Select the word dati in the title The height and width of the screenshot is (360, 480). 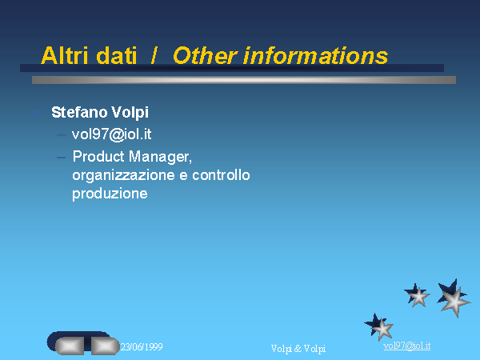point(116,55)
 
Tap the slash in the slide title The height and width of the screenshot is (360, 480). point(154,55)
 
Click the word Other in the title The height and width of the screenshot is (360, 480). point(205,55)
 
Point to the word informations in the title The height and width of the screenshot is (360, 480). point(316,55)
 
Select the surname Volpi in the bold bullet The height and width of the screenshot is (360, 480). point(130,113)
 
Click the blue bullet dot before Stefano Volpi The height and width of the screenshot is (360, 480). point(37,114)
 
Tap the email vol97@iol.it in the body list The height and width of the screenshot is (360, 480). point(112,134)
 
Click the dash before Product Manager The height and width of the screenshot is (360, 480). point(61,158)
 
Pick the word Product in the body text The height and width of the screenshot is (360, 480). point(98,157)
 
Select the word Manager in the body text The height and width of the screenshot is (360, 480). point(160,157)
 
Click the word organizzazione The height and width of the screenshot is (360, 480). point(124,176)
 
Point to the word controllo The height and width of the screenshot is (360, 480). point(221,174)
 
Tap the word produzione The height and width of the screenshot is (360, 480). point(110,194)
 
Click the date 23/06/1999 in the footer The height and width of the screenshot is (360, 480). point(142,347)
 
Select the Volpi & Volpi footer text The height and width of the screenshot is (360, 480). point(298,349)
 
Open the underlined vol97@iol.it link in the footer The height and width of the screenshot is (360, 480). point(407,346)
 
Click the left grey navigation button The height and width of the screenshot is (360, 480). point(70,346)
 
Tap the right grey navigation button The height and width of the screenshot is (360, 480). point(105,346)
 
